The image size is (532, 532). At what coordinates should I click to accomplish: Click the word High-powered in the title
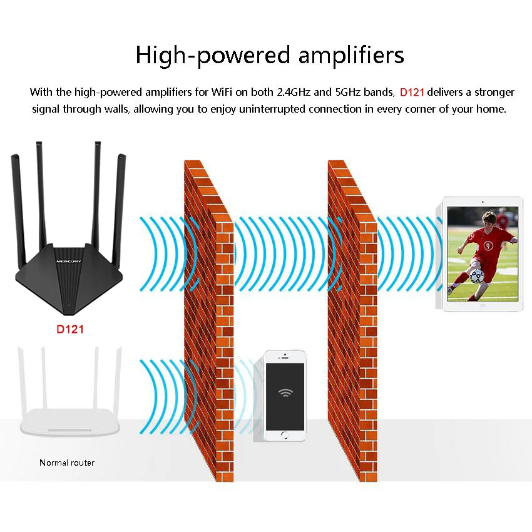(x=213, y=55)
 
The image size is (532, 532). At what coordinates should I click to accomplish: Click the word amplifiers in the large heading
(x=352, y=54)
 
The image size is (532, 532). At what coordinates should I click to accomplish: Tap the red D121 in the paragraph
(x=412, y=92)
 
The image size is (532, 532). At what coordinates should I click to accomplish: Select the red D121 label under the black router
(x=70, y=329)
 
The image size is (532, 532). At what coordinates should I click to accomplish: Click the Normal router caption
(x=67, y=463)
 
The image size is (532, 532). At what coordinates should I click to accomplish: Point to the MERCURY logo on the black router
(x=69, y=261)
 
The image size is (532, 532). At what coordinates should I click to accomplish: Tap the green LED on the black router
(x=69, y=304)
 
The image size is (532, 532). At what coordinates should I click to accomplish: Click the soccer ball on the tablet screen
(x=477, y=276)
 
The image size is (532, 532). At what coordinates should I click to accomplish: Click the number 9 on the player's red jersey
(x=488, y=245)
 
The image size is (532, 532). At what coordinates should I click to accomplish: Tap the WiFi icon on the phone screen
(x=285, y=392)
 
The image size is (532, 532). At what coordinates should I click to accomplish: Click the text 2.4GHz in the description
(x=294, y=92)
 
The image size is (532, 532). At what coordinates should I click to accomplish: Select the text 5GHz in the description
(x=348, y=92)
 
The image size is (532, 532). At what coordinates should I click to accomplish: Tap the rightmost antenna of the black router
(x=119, y=210)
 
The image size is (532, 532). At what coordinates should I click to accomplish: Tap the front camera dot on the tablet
(x=483, y=202)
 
